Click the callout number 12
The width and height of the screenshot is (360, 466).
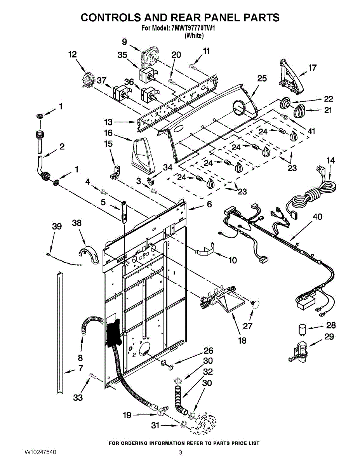[x=73, y=55]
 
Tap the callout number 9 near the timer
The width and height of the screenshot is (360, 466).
[x=124, y=42]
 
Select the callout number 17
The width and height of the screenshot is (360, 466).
[x=312, y=68]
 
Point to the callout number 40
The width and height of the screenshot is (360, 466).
[x=318, y=217]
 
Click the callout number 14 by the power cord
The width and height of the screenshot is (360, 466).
[x=330, y=160]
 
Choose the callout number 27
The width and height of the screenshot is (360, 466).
[x=247, y=326]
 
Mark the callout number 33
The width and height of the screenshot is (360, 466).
[x=78, y=398]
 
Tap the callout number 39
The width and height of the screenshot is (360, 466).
[x=57, y=226]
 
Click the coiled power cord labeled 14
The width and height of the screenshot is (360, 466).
[x=311, y=193]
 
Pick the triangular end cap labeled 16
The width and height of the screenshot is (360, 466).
[x=143, y=156]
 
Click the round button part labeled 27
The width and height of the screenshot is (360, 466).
[x=255, y=304]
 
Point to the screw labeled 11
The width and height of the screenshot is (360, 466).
[x=193, y=67]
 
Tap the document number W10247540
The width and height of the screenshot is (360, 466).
[x=40, y=452]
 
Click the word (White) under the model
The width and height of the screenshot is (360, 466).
[x=194, y=35]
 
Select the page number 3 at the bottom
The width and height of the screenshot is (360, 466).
[x=180, y=452]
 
